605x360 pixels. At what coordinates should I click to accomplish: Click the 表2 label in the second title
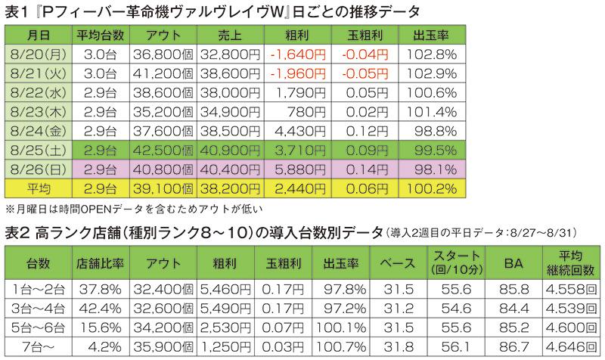click(x=17, y=231)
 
